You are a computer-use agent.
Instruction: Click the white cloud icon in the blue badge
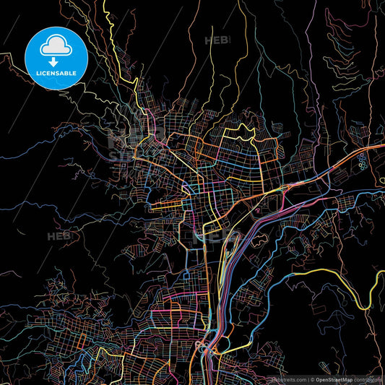[56, 45]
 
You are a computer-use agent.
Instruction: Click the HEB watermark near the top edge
[216, 40]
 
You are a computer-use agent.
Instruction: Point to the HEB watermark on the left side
[59, 235]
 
